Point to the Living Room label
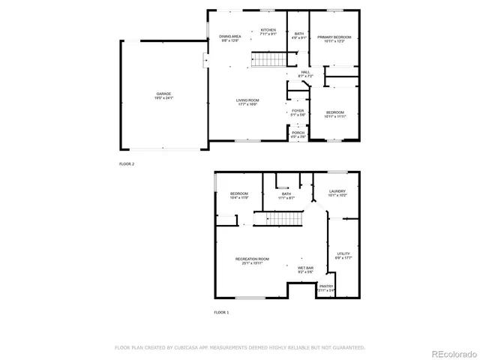(x=247, y=102)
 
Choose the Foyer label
(x=298, y=112)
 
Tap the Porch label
(x=298, y=134)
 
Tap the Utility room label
(x=343, y=256)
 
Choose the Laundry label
(x=337, y=193)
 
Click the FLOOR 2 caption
(x=127, y=163)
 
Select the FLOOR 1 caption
(x=221, y=311)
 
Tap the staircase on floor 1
(x=283, y=219)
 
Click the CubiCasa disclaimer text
(x=239, y=348)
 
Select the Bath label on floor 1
(x=286, y=196)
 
